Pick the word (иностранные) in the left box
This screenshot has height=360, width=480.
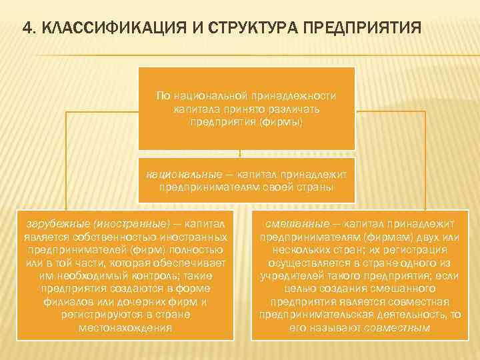point(133,223)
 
